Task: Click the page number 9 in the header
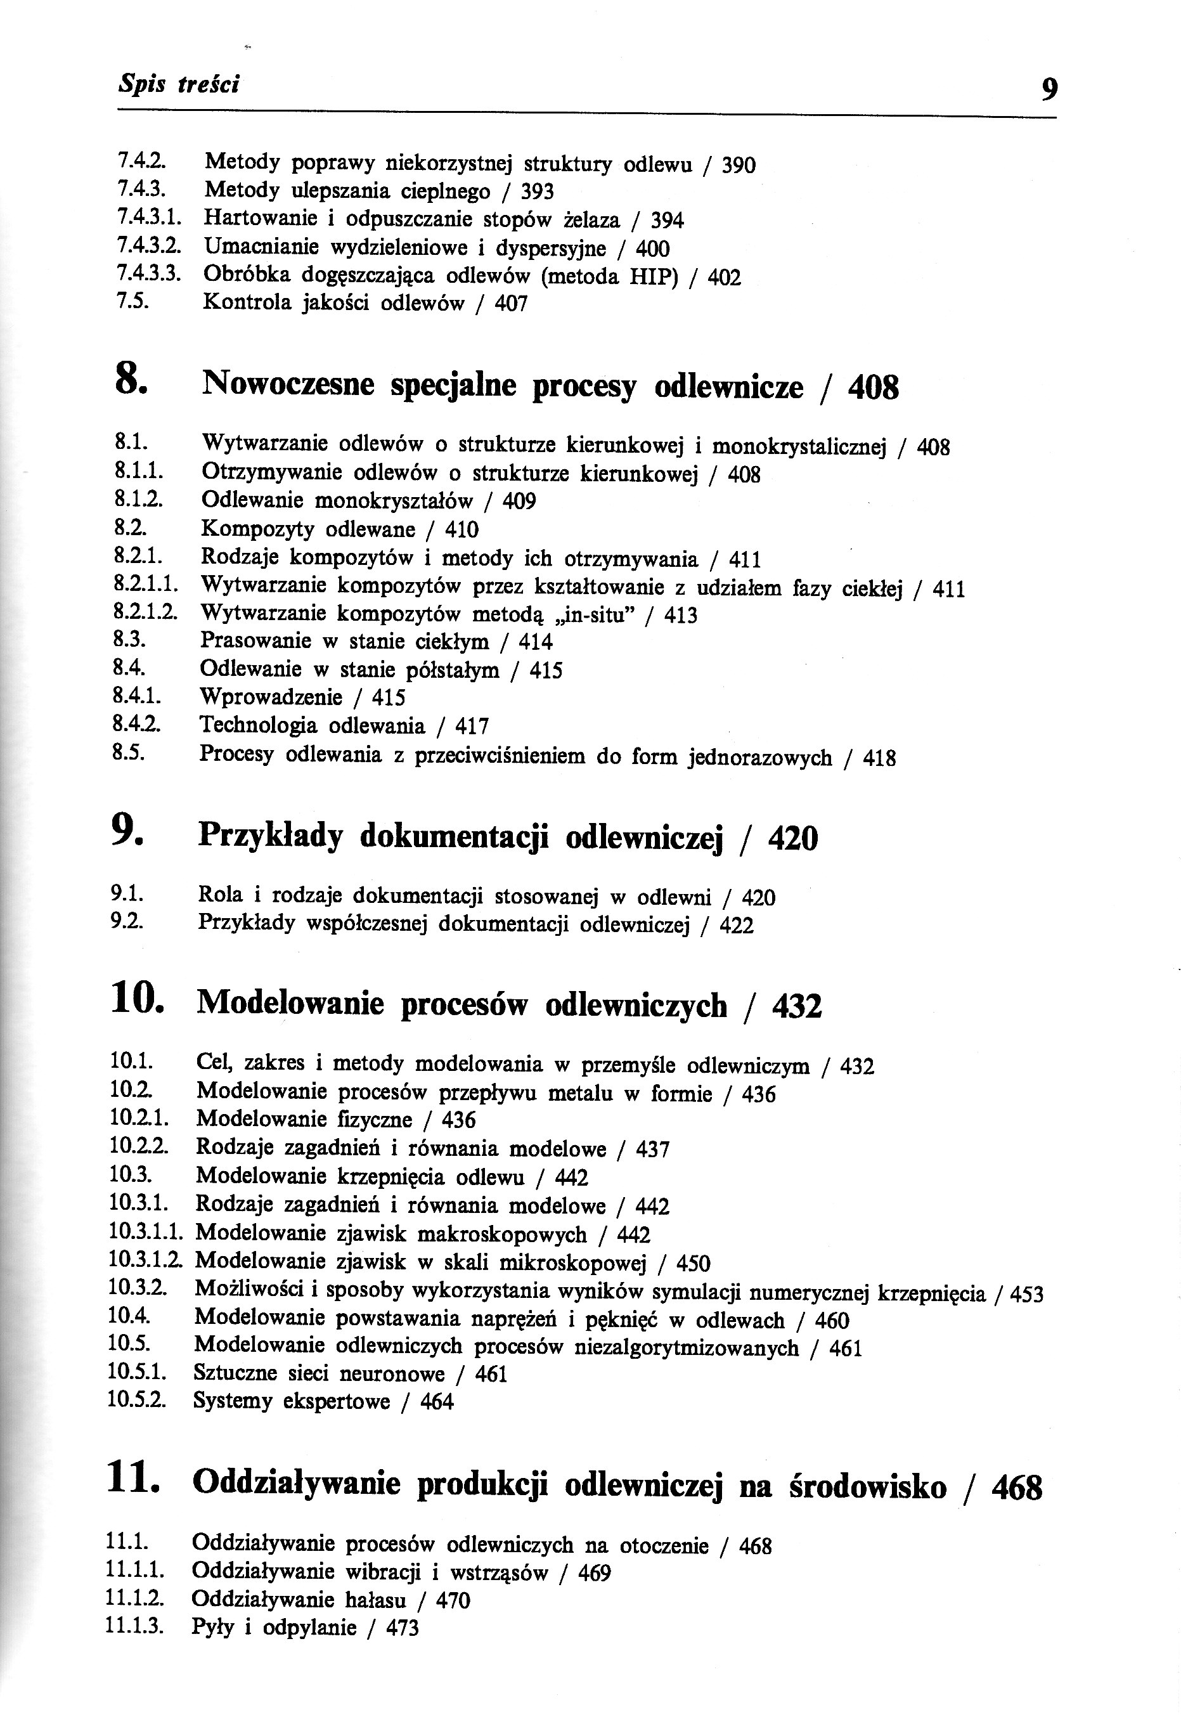[1049, 89]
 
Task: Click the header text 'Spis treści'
[179, 84]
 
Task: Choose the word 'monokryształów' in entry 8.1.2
[393, 502]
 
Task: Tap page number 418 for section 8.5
[879, 758]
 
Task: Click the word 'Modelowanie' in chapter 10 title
[292, 1004]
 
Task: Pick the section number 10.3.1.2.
[145, 1261]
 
